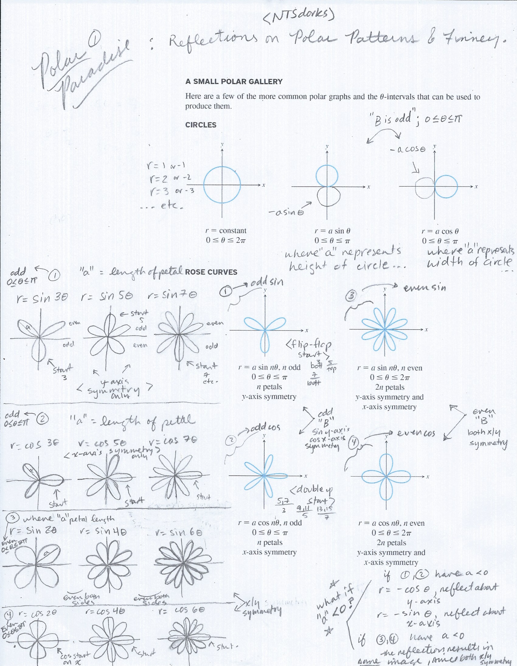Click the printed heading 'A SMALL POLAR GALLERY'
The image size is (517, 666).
(234, 82)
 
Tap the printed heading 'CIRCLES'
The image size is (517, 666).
(201, 125)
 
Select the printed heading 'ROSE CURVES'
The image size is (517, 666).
(211, 272)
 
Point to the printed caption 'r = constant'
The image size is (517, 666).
(226, 231)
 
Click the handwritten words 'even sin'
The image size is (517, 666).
(425, 287)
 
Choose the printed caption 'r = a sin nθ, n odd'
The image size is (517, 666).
(269, 367)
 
